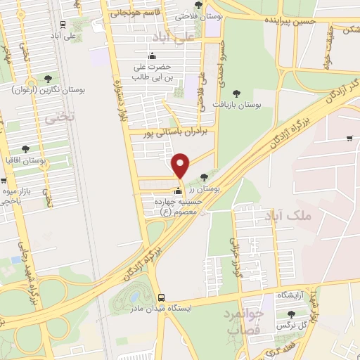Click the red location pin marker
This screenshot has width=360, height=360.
click(181, 166)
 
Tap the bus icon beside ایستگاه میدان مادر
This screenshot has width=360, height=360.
click(162, 297)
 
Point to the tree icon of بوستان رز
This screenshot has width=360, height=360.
click(203, 176)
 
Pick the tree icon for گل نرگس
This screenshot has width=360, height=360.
click(292, 314)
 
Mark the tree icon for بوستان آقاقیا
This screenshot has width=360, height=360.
click(25, 149)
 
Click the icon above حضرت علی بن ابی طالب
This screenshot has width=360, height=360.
click(153, 56)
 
